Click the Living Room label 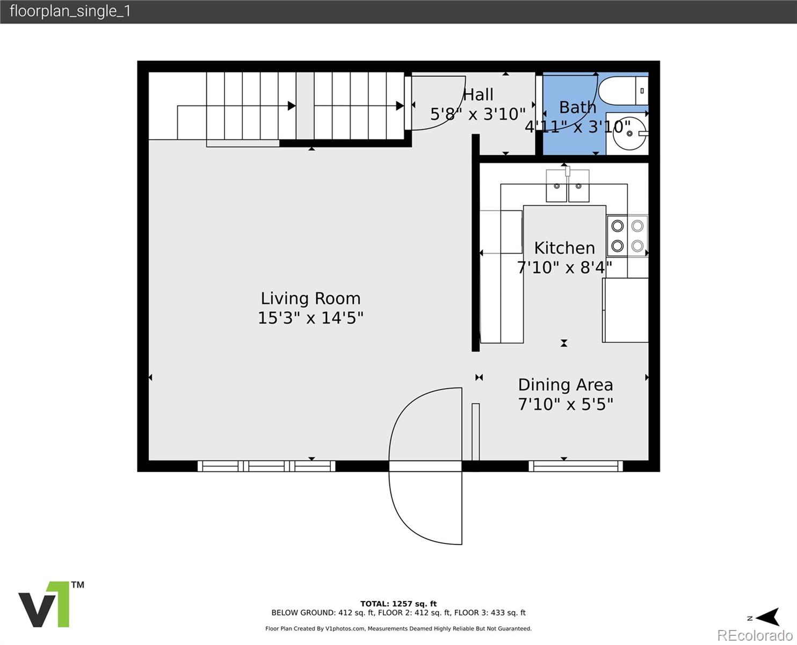[310, 299]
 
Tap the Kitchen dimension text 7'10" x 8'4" [564, 268]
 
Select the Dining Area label [566, 385]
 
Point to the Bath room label [577, 107]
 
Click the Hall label [478, 95]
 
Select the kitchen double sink [568, 185]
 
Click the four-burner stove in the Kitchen [627, 236]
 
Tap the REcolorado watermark [755, 635]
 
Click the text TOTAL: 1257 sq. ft [398, 604]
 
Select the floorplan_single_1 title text [70, 11]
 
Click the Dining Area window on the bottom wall [576, 466]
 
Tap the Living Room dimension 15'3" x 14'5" [310, 318]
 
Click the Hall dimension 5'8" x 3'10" [478, 114]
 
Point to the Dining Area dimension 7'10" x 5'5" [566, 404]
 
